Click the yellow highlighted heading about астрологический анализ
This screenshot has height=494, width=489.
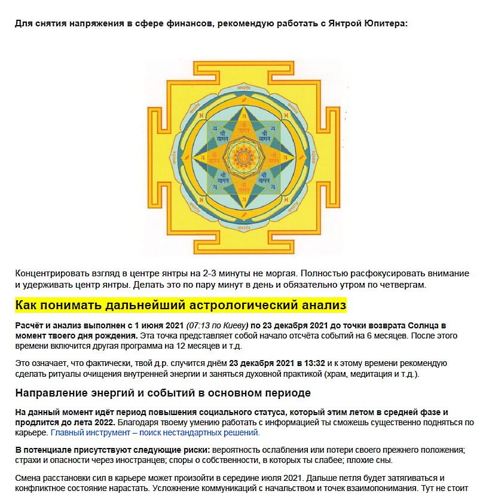[181, 306]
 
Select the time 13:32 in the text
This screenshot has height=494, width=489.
[314, 362]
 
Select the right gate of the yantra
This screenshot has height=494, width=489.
[326, 157]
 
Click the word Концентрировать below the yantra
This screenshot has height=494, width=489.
[50, 273]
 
